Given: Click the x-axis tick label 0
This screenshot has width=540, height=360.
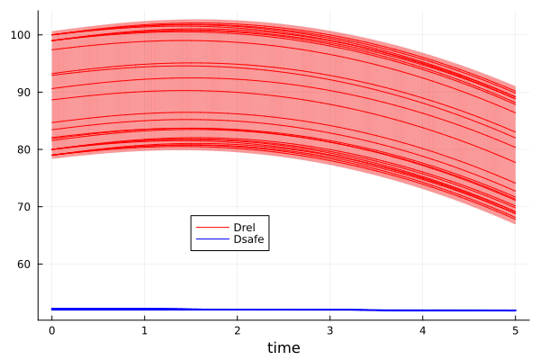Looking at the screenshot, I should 51,330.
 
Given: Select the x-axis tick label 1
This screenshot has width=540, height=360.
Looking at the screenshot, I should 144,330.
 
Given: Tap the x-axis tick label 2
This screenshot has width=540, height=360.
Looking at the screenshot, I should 237,330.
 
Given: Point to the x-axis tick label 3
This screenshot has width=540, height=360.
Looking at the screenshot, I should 329,330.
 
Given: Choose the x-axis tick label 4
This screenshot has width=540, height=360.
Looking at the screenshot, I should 422,330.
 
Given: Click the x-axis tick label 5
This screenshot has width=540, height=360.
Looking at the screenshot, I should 515,330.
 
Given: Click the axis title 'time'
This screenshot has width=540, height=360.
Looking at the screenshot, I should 283,347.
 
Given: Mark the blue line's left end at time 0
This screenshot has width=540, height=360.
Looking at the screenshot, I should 52,309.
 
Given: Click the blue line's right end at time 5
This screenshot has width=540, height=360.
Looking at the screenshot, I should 515,310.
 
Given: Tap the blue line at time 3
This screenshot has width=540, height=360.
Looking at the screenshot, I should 329,310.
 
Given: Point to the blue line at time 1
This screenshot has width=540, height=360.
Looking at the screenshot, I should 144,309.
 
